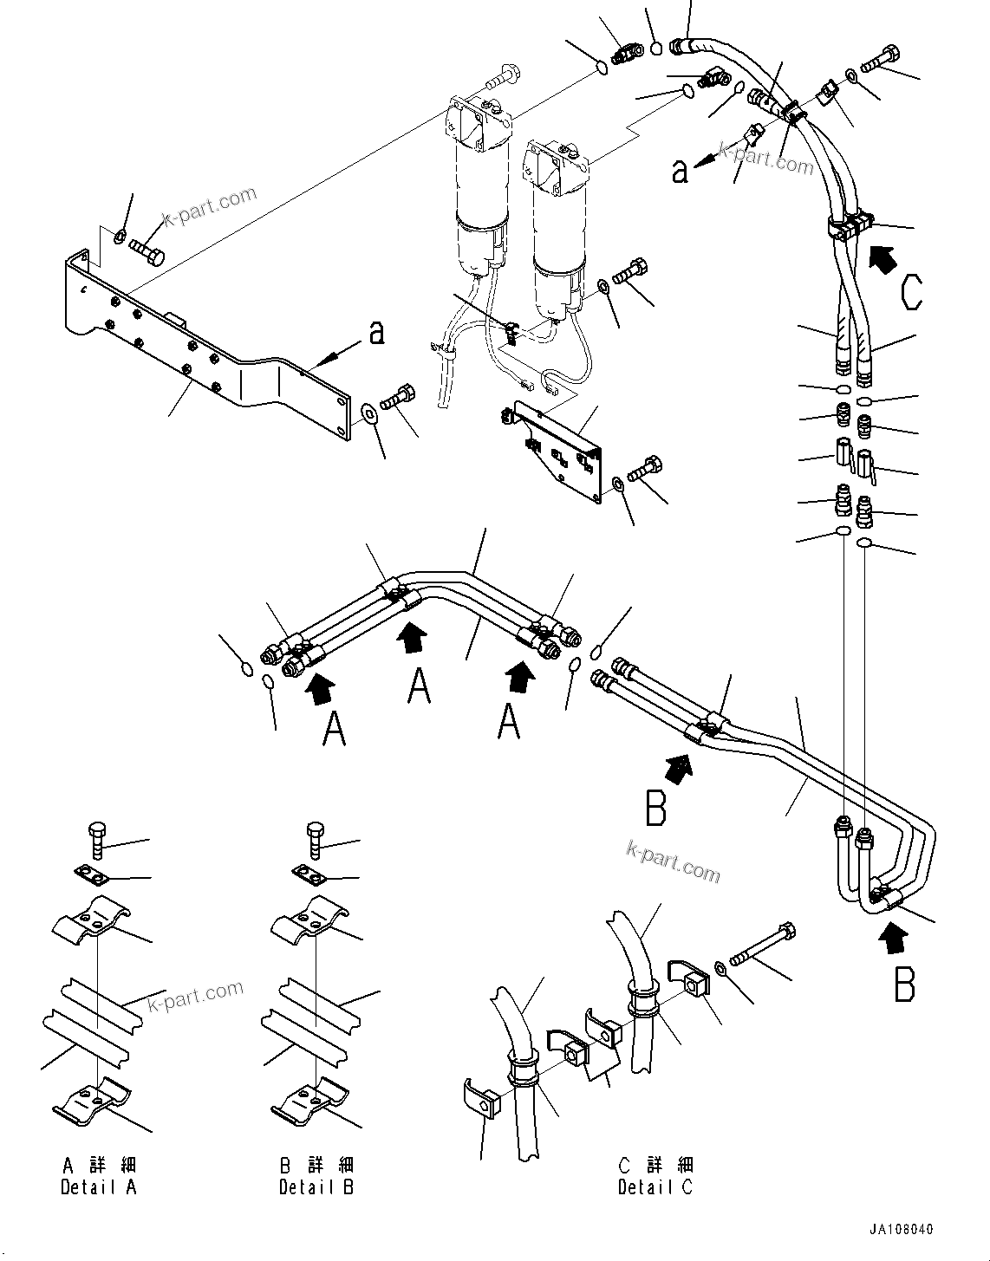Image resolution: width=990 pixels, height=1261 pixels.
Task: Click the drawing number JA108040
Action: pyautogui.click(x=902, y=1230)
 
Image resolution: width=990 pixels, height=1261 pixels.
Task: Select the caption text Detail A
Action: pyautogui.click(x=99, y=1187)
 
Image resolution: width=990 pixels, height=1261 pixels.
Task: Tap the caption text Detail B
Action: pyautogui.click(x=316, y=1187)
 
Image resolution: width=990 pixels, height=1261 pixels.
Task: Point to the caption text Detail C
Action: pyautogui.click(x=655, y=1187)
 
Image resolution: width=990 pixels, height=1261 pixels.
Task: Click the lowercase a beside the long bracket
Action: pyautogui.click(x=376, y=332)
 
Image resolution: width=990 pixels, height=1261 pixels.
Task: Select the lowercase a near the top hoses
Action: pyautogui.click(x=680, y=170)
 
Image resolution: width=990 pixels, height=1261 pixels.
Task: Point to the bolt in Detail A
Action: pyautogui.click(x=96, y=842)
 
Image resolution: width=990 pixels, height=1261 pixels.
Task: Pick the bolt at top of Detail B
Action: pyautogui.click(x=315, y=841)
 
